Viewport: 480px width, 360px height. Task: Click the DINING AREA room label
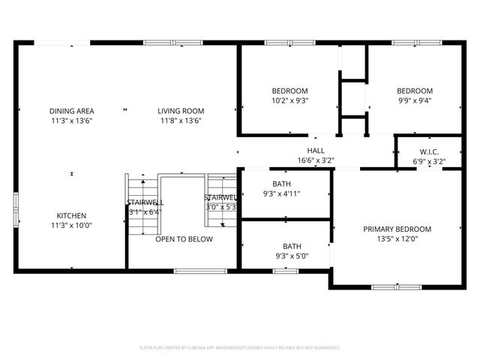(x=71, y=111)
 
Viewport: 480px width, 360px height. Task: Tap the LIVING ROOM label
(x=179, y=111)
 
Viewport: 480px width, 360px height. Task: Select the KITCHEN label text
(x=71, y=215)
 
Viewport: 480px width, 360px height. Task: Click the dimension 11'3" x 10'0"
(x=71, y=225)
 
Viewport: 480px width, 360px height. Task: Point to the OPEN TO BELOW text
(x=184, y=239)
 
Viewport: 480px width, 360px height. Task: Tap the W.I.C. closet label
(x=428, y=151)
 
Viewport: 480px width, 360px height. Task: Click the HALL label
(x=316, y=151)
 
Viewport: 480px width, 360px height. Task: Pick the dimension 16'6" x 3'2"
(x=316, y=160)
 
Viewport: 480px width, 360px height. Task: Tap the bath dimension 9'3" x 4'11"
(x=282, y=193)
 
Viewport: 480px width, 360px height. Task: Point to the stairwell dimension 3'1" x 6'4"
(x=145, y=211)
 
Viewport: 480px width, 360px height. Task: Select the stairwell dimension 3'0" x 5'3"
(x=221, y=207)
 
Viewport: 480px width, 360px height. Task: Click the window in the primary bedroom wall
(x=396, y=286)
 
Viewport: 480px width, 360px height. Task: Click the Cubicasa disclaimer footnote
(x=240, y=348)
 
